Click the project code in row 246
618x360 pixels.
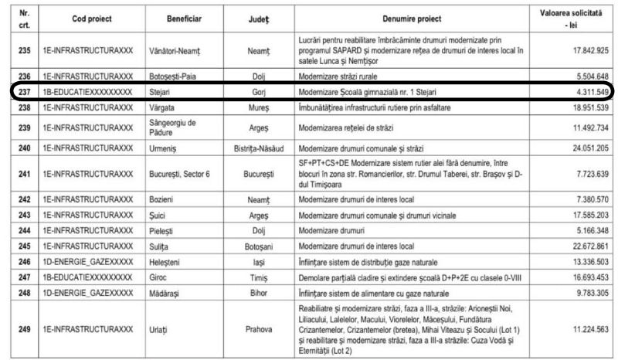tap(87, 261)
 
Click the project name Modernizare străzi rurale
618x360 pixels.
tap(336, 77)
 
